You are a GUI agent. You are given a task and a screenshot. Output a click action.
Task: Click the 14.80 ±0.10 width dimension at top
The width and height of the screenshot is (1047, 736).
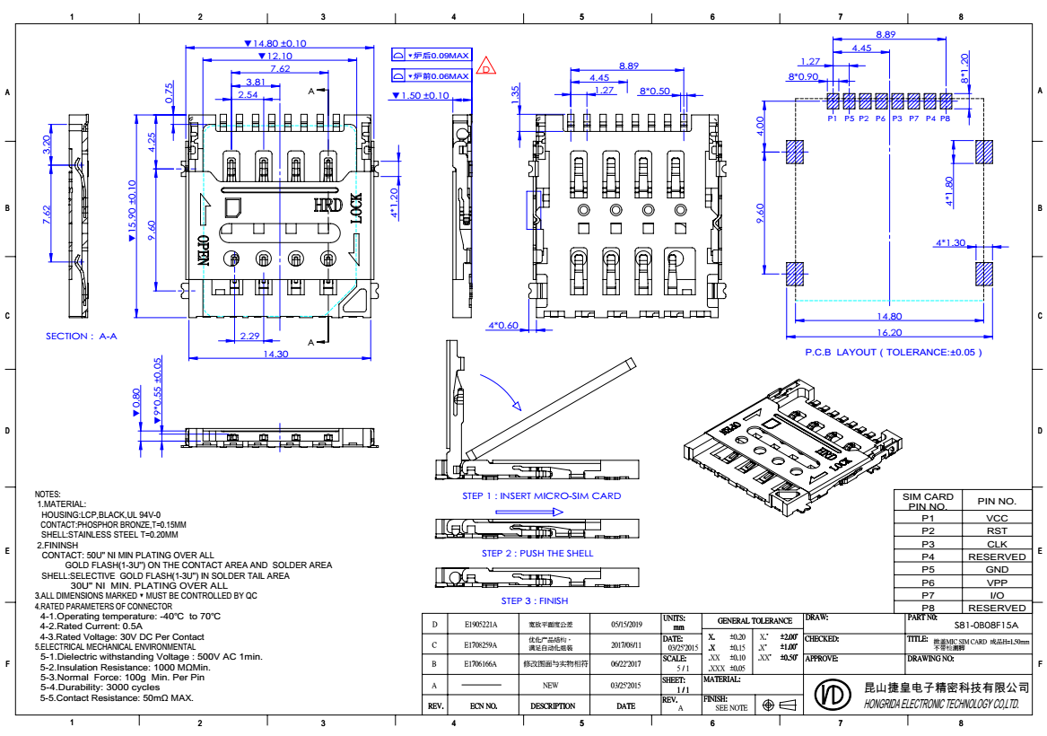tap(276, 43)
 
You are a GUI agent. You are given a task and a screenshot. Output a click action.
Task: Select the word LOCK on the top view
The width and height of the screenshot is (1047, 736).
tap(356, 208)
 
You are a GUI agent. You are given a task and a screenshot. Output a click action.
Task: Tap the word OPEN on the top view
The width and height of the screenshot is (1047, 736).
tap(203, 250)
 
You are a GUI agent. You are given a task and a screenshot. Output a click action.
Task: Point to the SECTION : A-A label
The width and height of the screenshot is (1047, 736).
tap(82, 336)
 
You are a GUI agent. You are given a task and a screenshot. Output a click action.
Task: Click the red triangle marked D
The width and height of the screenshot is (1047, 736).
tap(485, 66)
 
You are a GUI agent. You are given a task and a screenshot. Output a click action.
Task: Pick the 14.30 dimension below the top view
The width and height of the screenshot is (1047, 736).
tap(277, 354)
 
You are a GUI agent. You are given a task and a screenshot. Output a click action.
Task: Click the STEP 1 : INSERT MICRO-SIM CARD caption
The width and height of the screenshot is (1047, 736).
tap(541, 495)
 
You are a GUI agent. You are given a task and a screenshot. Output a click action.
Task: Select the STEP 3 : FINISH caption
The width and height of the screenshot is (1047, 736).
tap(534, 600)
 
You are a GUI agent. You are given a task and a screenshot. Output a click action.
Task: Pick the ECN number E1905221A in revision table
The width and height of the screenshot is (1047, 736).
tap(480, 624)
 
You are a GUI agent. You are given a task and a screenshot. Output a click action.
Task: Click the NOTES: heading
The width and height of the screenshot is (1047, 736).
tap(48, 495)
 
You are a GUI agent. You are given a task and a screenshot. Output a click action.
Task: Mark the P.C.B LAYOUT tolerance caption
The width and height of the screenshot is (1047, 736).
tap(893, 352)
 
